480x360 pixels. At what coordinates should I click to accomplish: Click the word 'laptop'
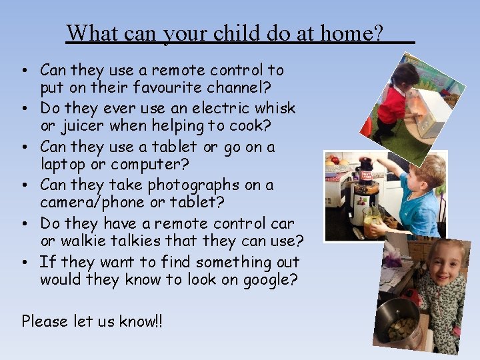pyautogui.click(x=63, y=165)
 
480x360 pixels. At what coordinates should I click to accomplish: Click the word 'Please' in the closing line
pyautogui.click(x=45, y=321)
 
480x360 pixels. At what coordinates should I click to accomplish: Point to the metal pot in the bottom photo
pyautogui.click(x=398, y=320)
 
